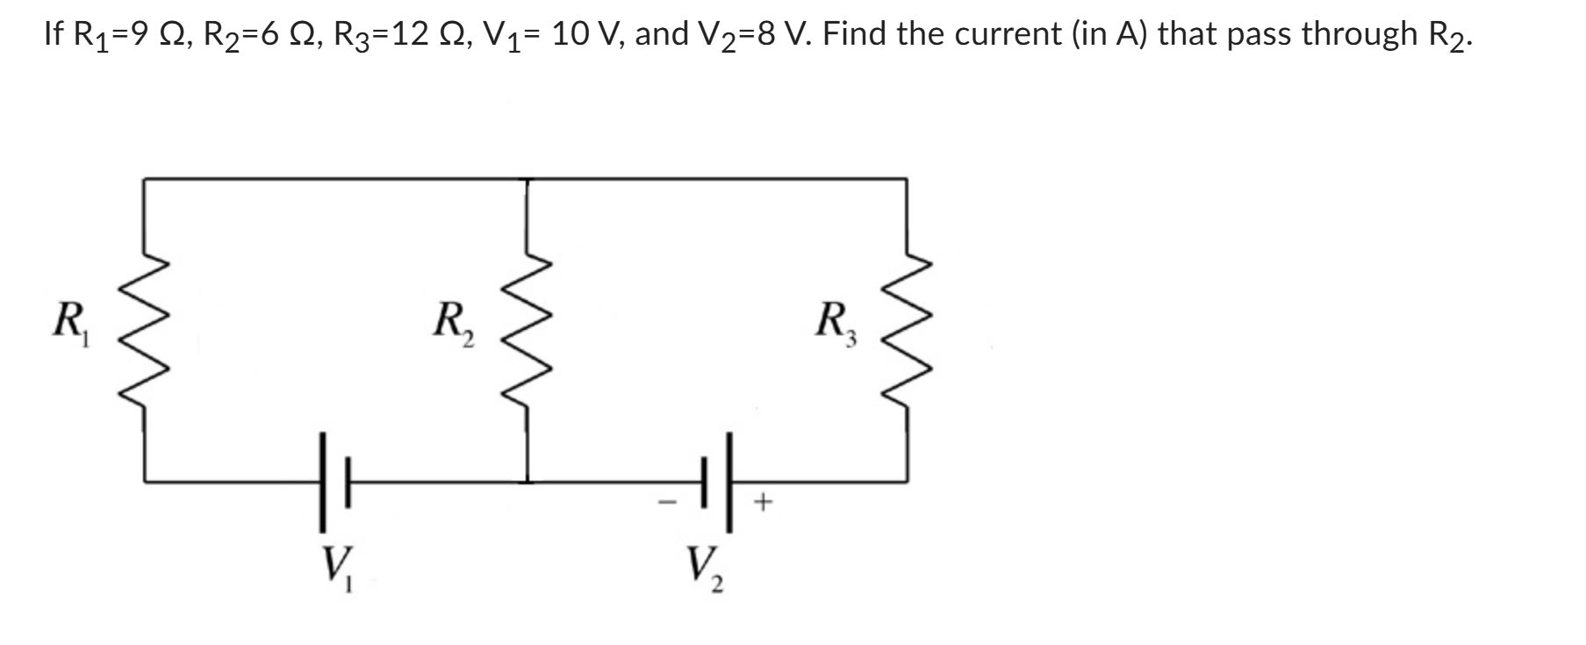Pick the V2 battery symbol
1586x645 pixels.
tap(716, 481)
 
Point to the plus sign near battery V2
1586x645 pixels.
tap(764, 503)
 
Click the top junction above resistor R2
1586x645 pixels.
tap(527, 179)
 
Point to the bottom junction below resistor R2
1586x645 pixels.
tap(527, 481)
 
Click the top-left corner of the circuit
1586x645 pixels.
tap(145, 179)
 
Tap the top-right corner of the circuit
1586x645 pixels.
tap(907, 179)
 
